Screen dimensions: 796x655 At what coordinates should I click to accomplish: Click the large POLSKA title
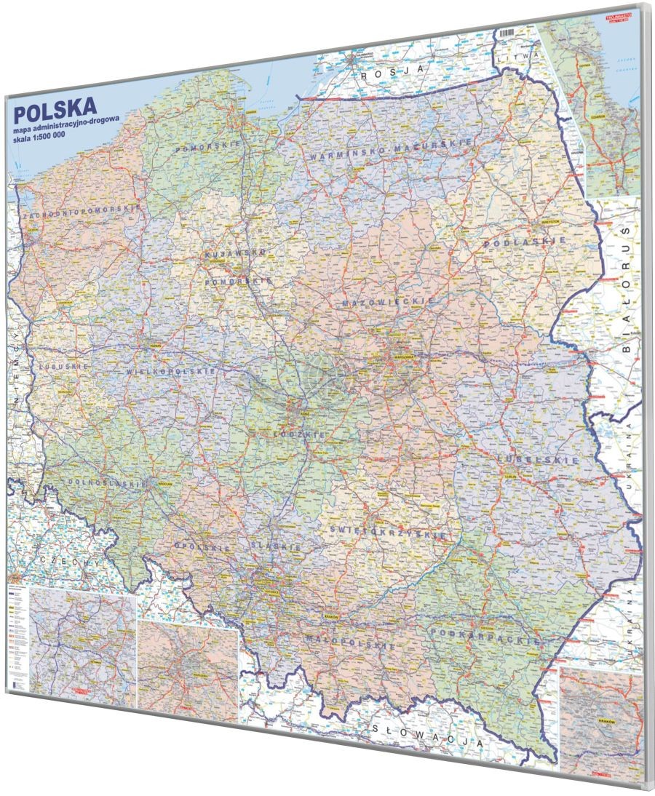(55, 114)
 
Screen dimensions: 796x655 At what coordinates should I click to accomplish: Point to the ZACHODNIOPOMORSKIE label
(81, 212)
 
